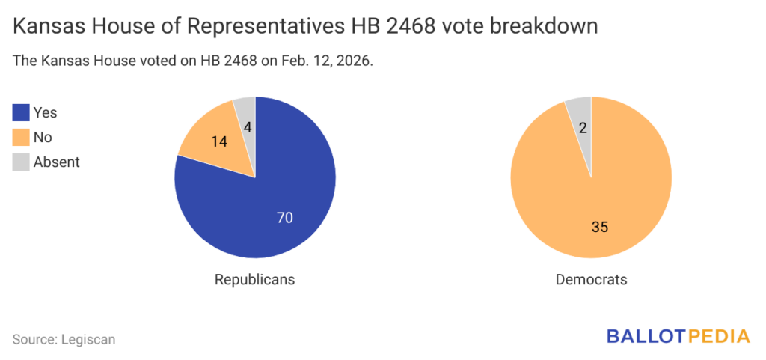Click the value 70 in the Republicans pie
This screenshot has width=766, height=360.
tap(284, 218)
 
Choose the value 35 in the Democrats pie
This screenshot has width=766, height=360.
tap(599, 226)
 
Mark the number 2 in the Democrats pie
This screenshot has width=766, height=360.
tap(583, 128)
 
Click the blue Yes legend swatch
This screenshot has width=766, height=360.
tap(21, 113)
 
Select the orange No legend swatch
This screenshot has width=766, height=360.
tap(21, 137)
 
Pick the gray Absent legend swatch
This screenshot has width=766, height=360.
tap(21, 161)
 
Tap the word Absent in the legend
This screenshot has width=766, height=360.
tap(57, 161)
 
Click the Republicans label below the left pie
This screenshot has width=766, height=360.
tap(254, 279)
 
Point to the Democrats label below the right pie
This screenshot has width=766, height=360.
tap(591, 279)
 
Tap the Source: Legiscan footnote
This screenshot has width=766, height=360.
tap(64, 339)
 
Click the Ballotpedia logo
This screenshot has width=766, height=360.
tap(677, 335)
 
